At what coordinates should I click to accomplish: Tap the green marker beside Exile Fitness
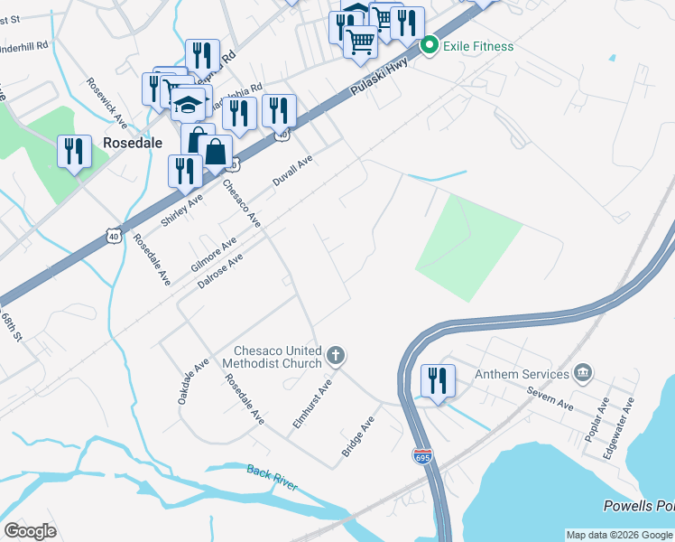point(430,44)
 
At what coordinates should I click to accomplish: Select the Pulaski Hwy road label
point(379,78)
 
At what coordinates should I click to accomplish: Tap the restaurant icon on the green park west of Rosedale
point(74,151)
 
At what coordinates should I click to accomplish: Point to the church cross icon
point(336,356)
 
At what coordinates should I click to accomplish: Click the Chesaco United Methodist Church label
point(278,357)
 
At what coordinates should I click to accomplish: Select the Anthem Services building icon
point(583,373)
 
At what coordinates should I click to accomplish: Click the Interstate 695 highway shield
point(422,458)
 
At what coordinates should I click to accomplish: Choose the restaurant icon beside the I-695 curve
point(438,379)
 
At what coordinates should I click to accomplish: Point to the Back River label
point(273,478)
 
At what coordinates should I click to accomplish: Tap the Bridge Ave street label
point(357,437)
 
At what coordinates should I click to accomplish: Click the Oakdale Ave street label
point(194,380)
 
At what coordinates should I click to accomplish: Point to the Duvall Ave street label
point(293,170)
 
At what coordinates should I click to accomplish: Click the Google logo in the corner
point(30,531)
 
